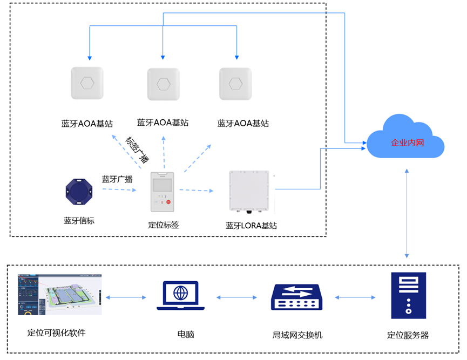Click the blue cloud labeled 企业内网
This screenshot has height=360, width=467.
405,139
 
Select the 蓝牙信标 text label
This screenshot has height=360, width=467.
79,220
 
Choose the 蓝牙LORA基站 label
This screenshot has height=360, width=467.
251,226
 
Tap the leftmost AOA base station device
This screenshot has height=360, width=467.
87,83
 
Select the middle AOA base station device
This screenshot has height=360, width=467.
163,84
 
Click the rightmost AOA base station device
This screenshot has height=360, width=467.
235,83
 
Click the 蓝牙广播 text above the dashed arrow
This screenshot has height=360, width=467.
117,179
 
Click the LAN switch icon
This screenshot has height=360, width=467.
296,296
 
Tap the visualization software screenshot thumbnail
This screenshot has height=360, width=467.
59,295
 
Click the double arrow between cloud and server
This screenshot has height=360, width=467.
407,213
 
